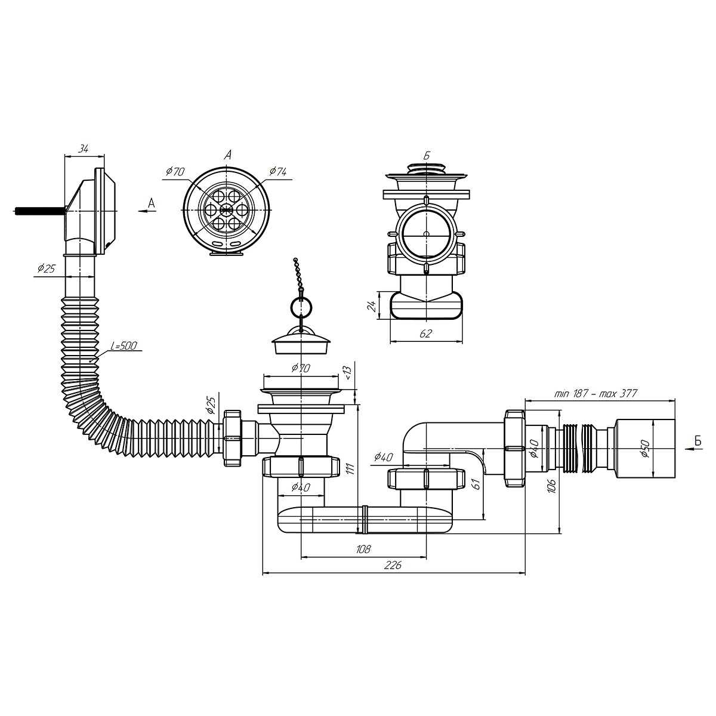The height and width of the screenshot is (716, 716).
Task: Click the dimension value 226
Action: click(x=393, y=565)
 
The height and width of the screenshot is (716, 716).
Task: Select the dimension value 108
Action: click(x=363, y=549)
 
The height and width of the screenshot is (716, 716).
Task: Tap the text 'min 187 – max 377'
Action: click(x=595, y=393)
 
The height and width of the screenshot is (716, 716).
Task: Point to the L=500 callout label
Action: click(x=124, y=346)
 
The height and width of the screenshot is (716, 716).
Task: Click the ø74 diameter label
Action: click(x=278, y=171)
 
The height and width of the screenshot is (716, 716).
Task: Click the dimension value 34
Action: click(x=84, y=149)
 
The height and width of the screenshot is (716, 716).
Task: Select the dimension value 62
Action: click(x=425, y=334)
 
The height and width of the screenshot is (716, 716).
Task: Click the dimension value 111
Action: click(x=351, y=469)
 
